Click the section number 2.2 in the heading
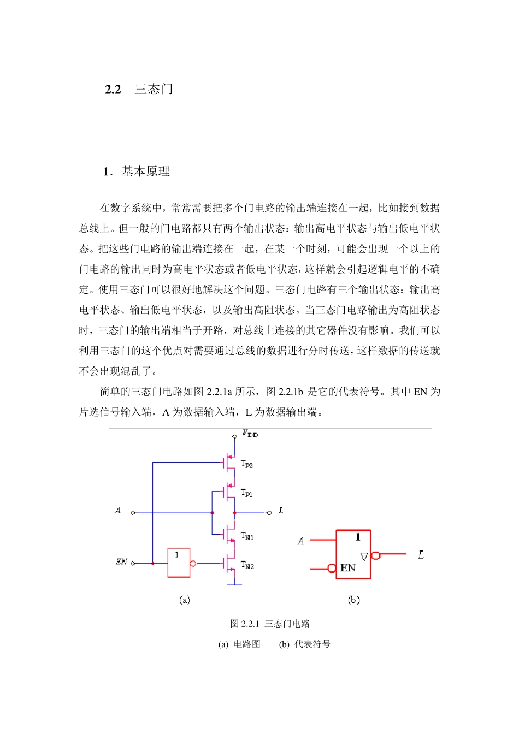click(113, 90)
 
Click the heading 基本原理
click(145, 171)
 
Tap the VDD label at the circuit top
click(250, 434)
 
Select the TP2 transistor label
click(247, 465)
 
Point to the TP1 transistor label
click(247, 493)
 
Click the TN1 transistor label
click(247, 536)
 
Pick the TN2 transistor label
click(247, 566)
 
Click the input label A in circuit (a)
click(118, 511)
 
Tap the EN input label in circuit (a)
click(121, 561)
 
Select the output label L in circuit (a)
click(281, 511)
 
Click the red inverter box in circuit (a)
click(179, 563)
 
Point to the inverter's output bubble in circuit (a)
click(193, 564)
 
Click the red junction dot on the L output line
click(234, 513)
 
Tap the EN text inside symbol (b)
click(348, 568)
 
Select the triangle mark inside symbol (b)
click(364, 557)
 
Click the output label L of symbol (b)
click(421, 555)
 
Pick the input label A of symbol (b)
click(300, 541)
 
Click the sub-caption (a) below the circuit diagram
click(185, 600)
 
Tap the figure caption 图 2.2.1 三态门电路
click(270, 624)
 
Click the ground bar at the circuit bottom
click(234, 585)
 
